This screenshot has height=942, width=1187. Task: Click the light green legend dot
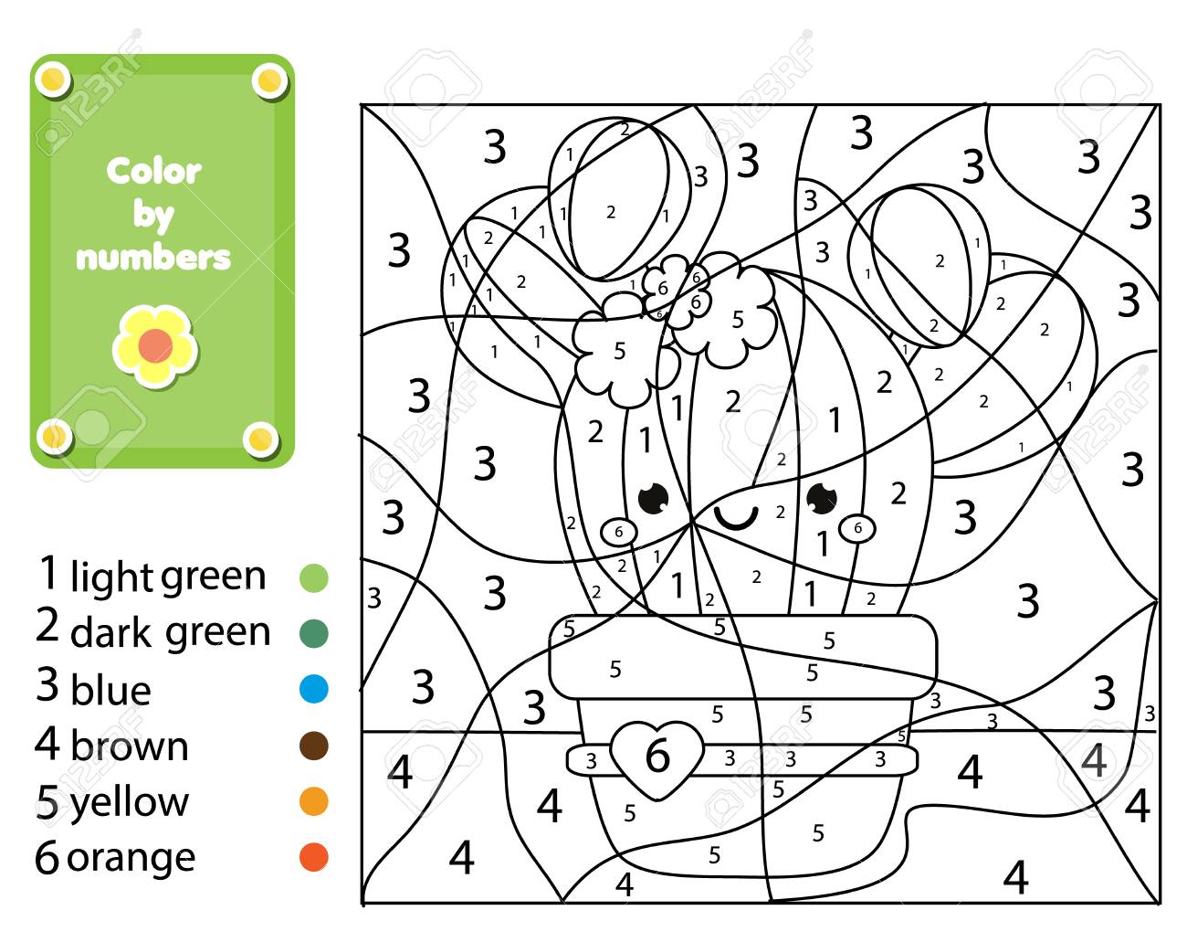pos(314,578)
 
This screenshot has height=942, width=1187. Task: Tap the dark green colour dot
pos(314,633)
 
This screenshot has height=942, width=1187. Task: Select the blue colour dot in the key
pos(314,689)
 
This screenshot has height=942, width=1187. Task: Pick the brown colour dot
pos(314,746)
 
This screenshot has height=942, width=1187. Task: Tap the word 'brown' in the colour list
pos(131,746)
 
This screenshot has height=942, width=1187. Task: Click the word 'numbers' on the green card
pos(153,258)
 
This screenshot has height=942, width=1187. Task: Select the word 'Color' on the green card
pos(154,171)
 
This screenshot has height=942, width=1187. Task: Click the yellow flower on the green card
pos(155,346)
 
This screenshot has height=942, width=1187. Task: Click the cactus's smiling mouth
pos(736,518)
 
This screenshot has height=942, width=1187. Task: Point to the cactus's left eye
pos(653,499)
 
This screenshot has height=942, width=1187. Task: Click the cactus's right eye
pos(821,498)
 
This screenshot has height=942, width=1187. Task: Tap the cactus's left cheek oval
pos(618,533)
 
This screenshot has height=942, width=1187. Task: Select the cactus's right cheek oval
pos(857,528)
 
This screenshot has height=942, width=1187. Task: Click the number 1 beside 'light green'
pos(48,572)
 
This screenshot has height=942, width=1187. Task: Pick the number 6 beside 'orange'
pos(47,857)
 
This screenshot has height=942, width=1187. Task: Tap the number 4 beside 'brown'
pos(47,743)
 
